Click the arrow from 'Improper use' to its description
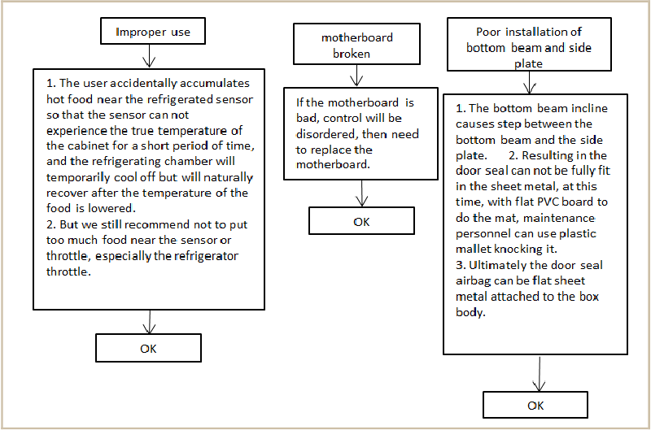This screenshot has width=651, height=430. pyautogui.click(x=149, y=56)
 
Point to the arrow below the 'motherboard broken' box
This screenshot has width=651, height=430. pyautogui.click(x=356, y=76)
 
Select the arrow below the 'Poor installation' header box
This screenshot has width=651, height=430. pyautogui.click(x=530, y=83)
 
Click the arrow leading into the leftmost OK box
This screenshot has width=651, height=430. pyautogui.click(x=149, y=322)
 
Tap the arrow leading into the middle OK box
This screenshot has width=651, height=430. pyautogui.click(x=362, y=193)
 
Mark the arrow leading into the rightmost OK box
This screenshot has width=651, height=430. pyautogui.click(x=539, y=373)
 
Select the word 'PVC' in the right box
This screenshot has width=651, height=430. pyautogui.click(x=548, y=202)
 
